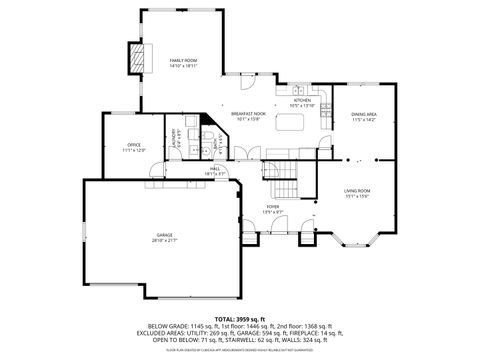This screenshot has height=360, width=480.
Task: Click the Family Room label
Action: (181, 61)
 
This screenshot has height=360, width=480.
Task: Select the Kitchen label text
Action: (302, 100)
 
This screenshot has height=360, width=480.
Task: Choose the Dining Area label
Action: (363, 115)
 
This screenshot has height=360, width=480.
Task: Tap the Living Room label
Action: (357, 190)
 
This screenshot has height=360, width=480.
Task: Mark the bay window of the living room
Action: (357, 239)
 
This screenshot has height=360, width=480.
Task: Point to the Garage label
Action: (163, 236)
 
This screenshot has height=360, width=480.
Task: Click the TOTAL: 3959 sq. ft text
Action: (240, 318)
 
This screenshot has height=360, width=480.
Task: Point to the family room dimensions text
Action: (181, 66)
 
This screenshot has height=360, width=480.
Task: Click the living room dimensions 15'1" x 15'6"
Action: (357, 196)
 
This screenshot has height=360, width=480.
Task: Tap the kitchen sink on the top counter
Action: (299, 92)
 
